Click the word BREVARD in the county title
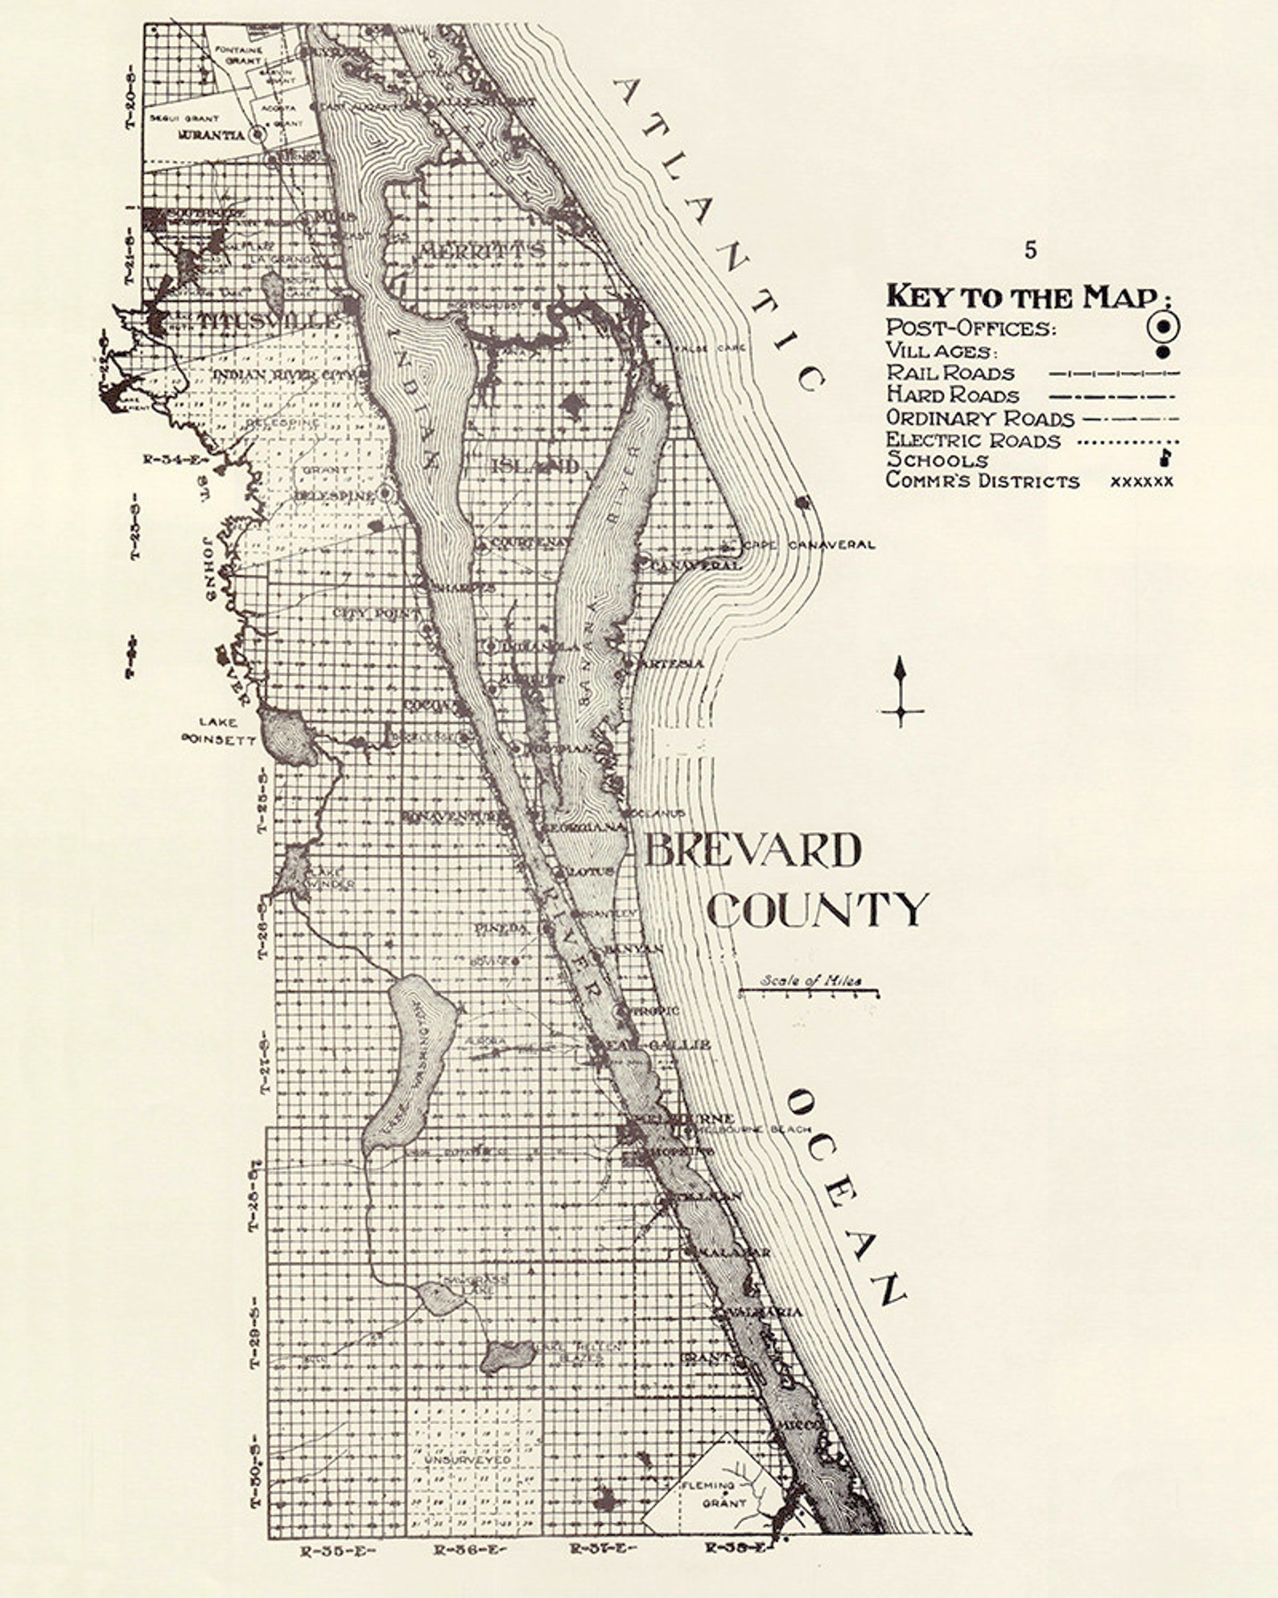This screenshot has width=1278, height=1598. [752, 851]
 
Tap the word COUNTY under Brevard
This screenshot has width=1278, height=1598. [818, 910]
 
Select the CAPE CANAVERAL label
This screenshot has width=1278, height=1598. [808, 545]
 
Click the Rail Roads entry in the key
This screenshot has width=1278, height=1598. [950, 374]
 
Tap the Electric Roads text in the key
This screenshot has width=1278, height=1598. [973, 440]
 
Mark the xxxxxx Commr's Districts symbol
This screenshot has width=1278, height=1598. [1141, 481]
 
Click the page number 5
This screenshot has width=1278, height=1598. [1031, 250]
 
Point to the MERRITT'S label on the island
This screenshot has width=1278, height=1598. [481, 250]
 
